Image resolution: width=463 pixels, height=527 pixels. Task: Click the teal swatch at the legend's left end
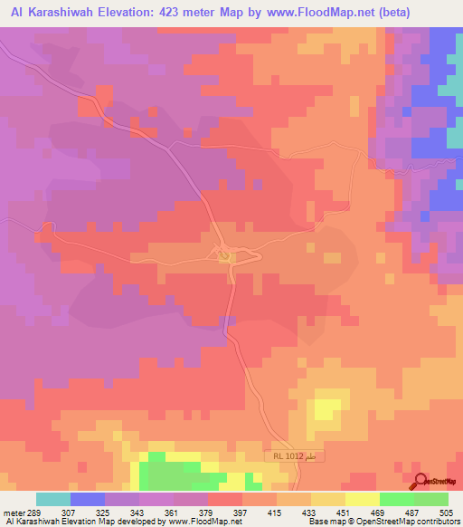(x=53, y=500)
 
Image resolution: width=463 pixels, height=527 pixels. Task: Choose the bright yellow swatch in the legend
(x=362, y=500)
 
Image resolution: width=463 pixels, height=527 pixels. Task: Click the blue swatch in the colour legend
(x=88, y=500)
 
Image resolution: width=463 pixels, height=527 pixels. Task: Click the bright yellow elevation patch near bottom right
(x=324, y=408)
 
